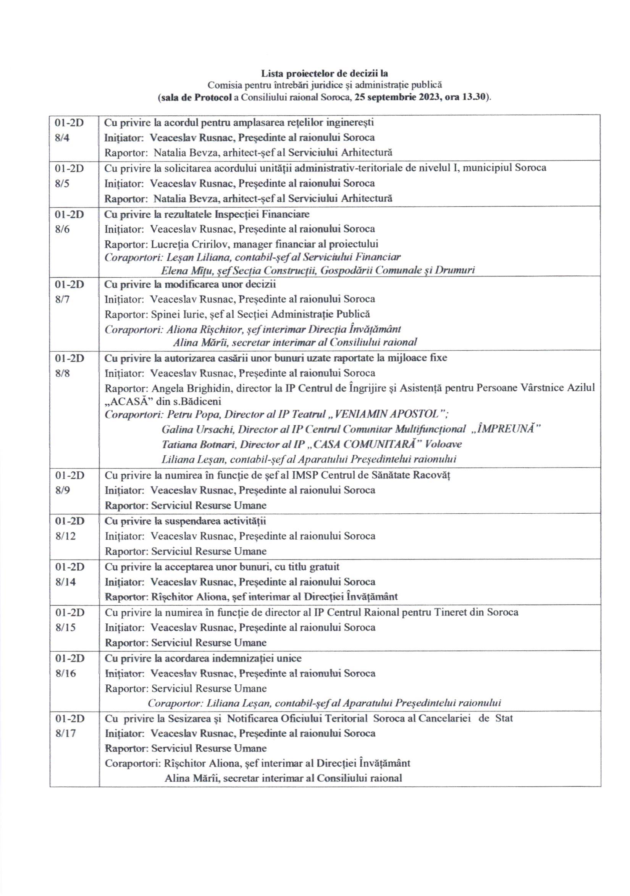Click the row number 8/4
[x=62, y=138]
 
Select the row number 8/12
[x=65, y=536]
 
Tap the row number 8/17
[x=65, y=733]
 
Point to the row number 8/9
[x=62, y=490]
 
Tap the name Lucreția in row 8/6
[x=167, y=244]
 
